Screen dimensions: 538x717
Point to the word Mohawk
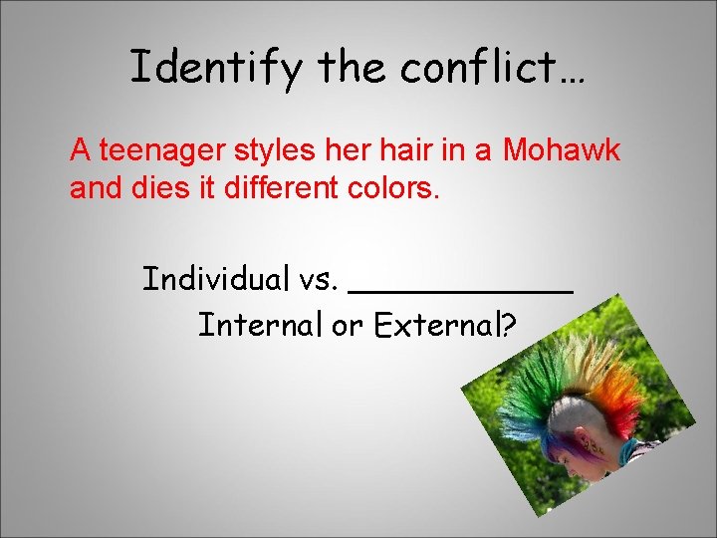562,151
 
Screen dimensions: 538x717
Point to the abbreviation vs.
319,280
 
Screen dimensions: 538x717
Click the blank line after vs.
462,289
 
